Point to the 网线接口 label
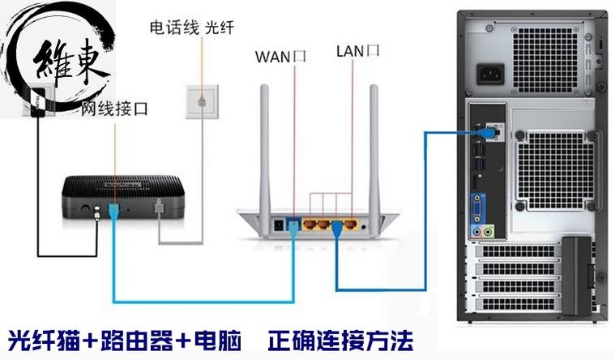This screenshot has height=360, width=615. [x=114, y=108]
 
